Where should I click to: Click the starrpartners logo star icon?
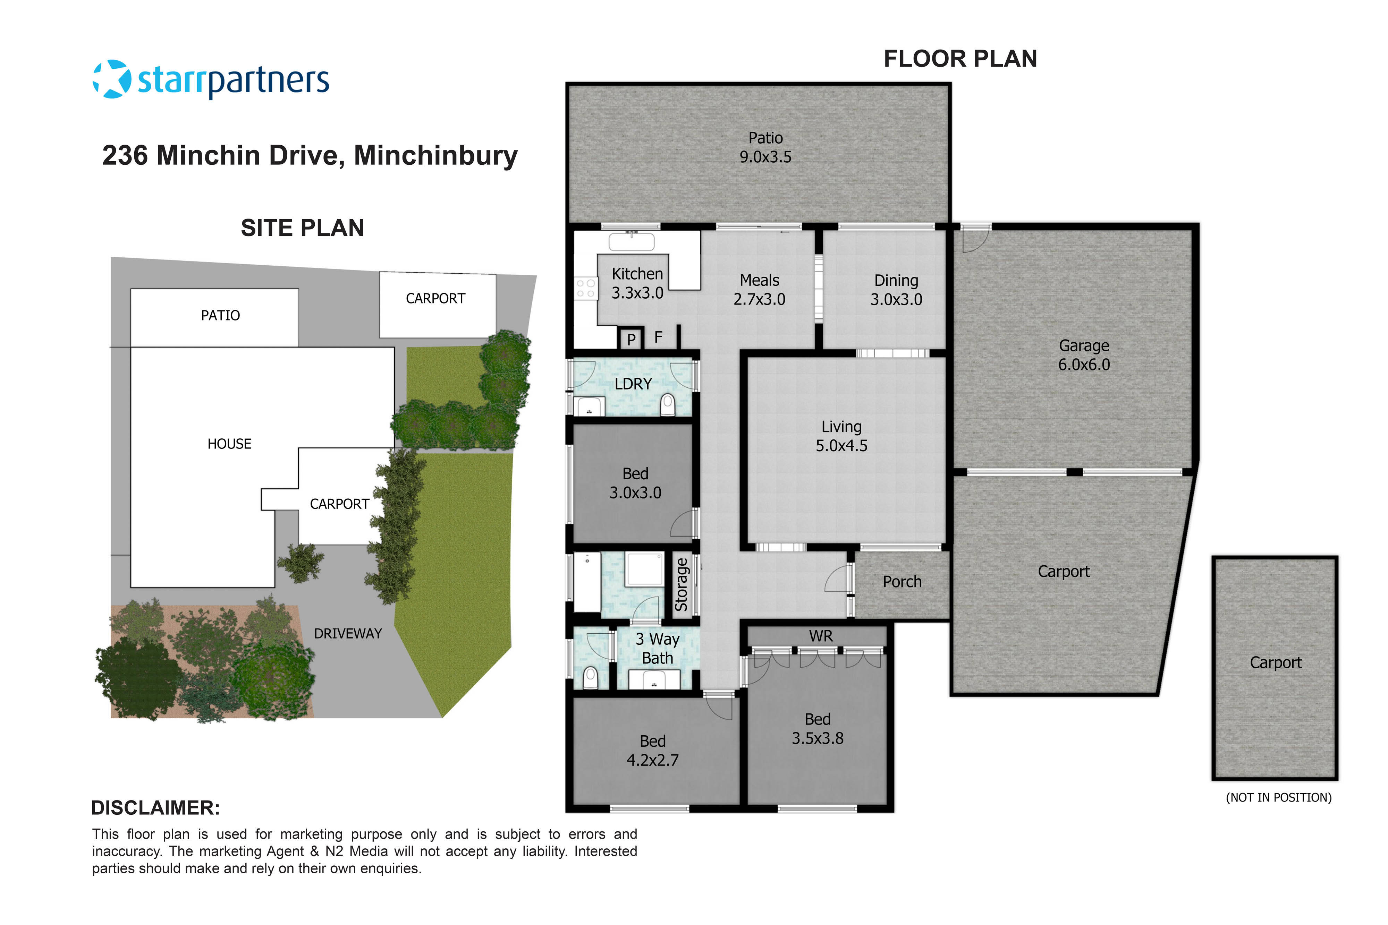click(x=112, y=79)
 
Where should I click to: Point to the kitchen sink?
click(x=632, y=242)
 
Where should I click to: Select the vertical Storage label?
click(x=682, y=585)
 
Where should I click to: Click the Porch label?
click(x=902, y=582)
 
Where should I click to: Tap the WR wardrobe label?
click(x=821, y=636)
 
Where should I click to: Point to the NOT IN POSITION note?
click(x=1278, y=798)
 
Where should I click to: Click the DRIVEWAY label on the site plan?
click(x=348, y=634)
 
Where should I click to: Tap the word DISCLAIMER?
click(x=155, y=808)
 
